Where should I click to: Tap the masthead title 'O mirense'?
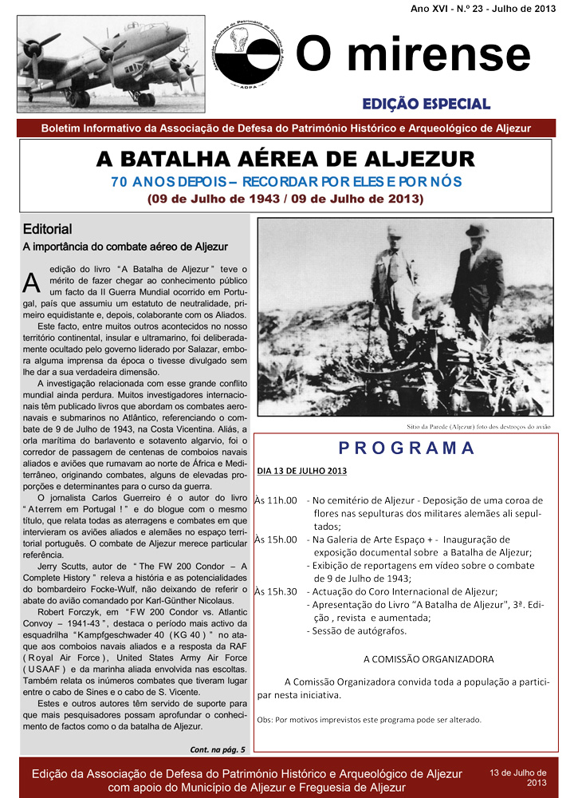click(412, 55)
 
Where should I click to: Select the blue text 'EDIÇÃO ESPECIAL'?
click(426, 104)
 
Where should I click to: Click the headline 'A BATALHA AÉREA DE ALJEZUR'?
click(285, 158)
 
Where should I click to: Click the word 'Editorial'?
click(47, 229)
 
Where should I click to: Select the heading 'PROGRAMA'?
click(407, 448)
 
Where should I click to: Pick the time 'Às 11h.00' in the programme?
click(276, 500)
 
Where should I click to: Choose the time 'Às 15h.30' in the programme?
click(276, 591)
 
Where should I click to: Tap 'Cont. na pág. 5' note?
click(218, 749)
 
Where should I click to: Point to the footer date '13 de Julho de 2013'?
click(518, 777)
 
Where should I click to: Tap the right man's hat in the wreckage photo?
click(477, 231)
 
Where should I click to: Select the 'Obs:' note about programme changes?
click(369, 719)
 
